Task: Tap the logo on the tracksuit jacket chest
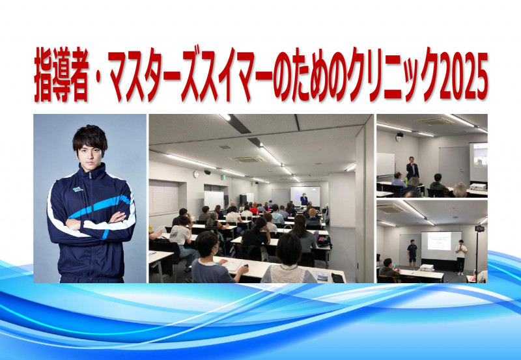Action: (77, 189)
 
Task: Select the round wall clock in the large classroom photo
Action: (196, 174)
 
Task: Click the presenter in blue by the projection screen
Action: (303, 200)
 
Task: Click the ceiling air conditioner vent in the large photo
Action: (247, 159)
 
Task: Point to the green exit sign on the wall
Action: (225, 177)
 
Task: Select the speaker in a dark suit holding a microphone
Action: (412, 169)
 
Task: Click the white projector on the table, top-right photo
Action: (478, 186)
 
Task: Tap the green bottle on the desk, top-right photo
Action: (406, 181)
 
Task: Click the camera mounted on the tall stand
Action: (479, 228)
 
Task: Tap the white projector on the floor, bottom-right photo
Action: (427, 267)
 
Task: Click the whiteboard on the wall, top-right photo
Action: (386, 165)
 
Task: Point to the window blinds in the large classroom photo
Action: (163, 198)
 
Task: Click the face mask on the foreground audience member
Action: (216, 251)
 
